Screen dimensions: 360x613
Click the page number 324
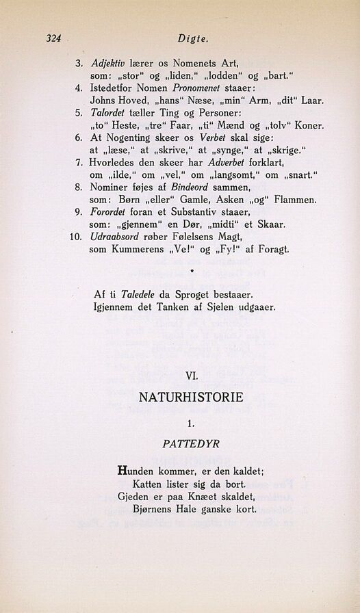[54, 39]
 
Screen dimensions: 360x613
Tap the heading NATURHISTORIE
[190, 397]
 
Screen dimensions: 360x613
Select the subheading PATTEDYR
[191, 444]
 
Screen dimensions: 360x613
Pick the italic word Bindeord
[195, 187]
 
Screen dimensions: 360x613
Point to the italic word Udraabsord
[117, 237]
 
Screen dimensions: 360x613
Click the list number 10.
[77, 237]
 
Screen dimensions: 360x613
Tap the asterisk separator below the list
[192, 271]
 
